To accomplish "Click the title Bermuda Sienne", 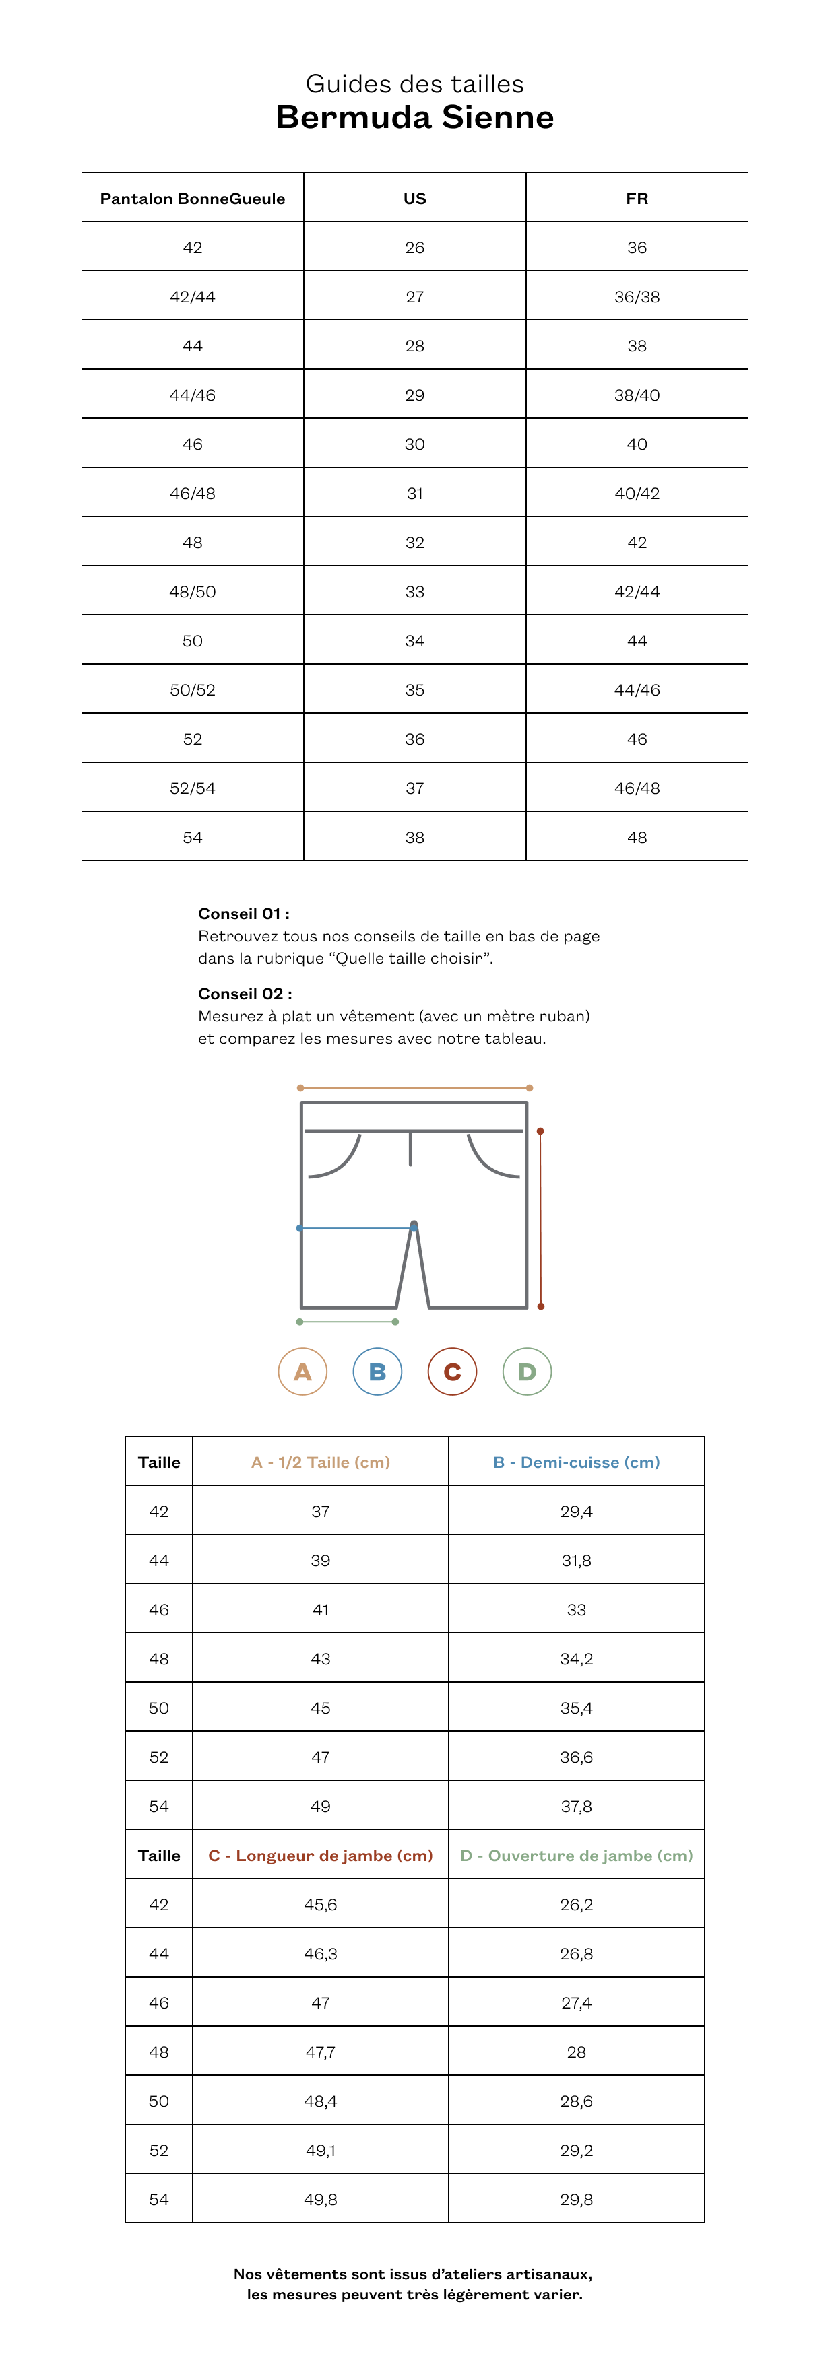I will (414, 117).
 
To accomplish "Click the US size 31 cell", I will (414, 494).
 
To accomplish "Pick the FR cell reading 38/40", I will (637, 395).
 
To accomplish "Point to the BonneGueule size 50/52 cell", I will (193, 690).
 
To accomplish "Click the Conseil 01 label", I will (244, 913).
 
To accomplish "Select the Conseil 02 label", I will (245, 993).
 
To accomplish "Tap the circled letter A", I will (302, 1372).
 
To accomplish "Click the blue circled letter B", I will (378, 1372).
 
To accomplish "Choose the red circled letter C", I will (452, 1372).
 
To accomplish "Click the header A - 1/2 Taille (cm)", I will (320, 1462).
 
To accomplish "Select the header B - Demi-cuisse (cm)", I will (576, 1462).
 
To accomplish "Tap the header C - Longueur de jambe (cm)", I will (320, 1856).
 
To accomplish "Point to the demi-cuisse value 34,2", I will (576, 1658).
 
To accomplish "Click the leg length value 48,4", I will (320, 2101).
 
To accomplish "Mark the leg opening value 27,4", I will (576, 2002).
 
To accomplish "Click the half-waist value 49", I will (320, 1807).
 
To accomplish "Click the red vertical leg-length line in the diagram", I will (540, 1219).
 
